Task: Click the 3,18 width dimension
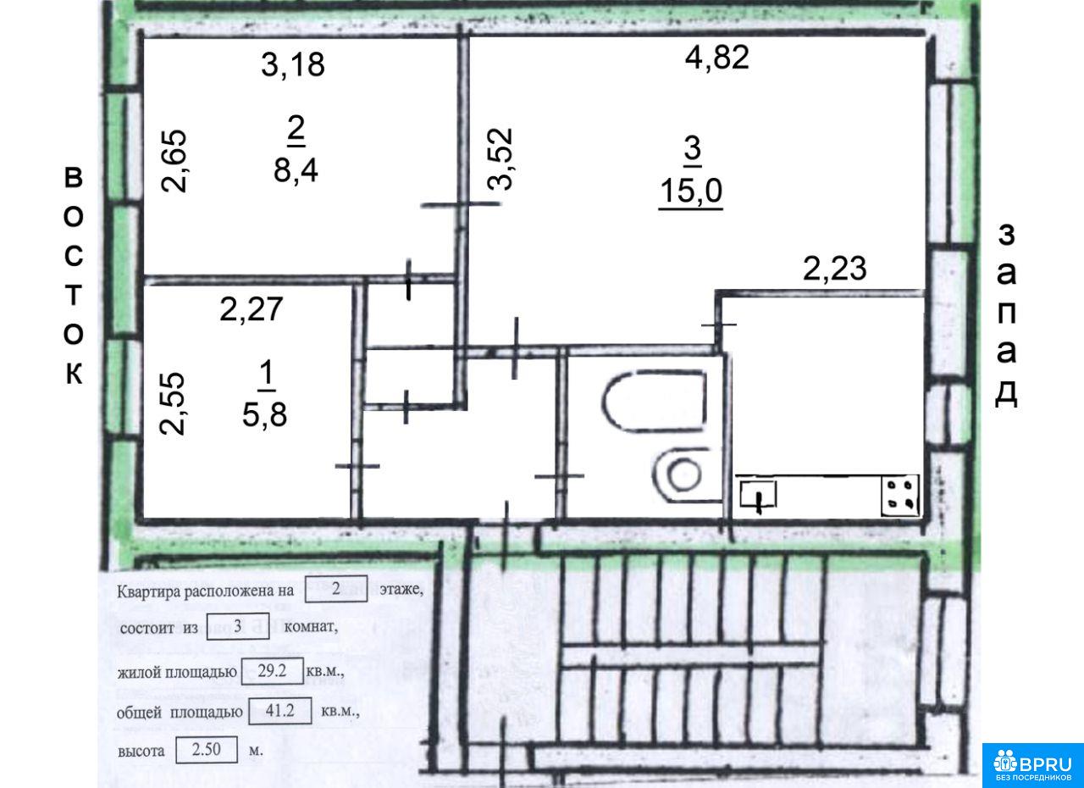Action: [x=293, y=65]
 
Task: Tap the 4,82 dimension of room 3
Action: [x=717, y=57]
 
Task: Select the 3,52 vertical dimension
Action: [x=500, y=158]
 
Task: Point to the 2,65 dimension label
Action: [x=174, y=161]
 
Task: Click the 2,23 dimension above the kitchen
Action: [x=835, y=269]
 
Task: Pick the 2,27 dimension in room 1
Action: [x=252, y=309]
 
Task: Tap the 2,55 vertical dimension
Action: [x=173, y=403]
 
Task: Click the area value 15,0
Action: [x=691, y=191]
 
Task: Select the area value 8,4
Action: [x=296, y=170]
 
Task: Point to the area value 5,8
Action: [x=265, y=415]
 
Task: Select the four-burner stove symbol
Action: [x=899, y=497]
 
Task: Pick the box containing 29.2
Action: [x=273, y=671]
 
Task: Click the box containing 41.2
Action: [x=279, y=711]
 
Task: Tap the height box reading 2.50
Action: [x=207, y=750]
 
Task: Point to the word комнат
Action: [x=310, y=627]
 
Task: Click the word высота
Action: [x=141, y=751]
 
